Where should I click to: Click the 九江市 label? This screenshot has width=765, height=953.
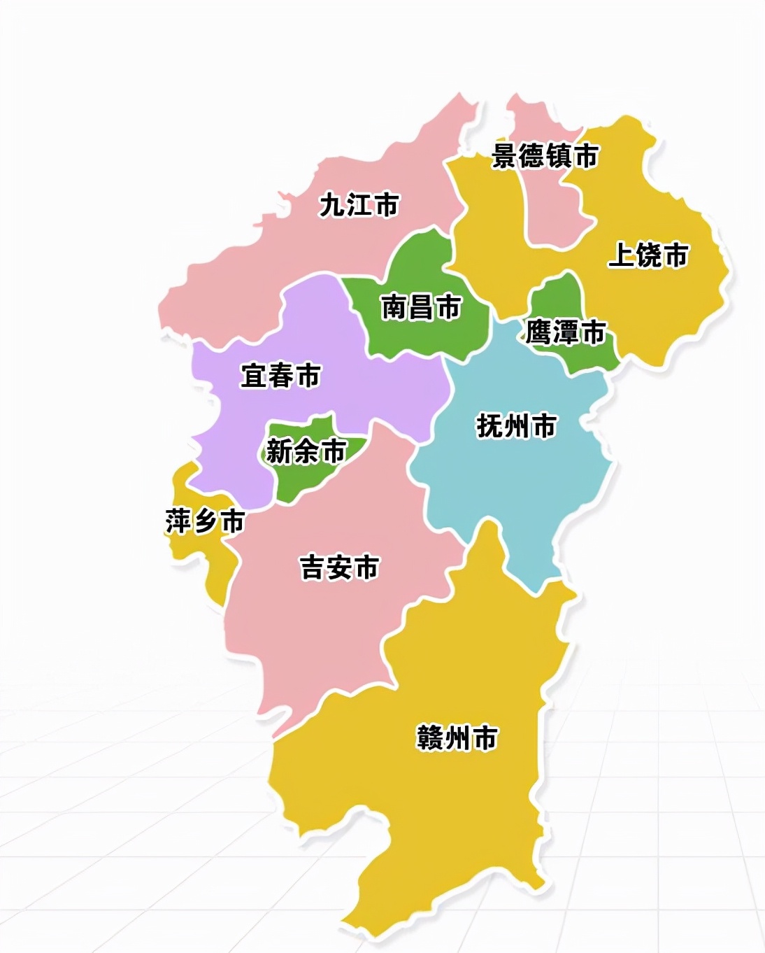359,205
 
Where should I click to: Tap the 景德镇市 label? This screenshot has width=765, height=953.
545,155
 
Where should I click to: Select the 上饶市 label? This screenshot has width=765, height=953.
648,255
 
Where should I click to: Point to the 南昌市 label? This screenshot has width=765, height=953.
421,306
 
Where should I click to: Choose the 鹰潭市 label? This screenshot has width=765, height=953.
565,332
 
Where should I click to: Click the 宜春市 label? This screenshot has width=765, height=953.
280,376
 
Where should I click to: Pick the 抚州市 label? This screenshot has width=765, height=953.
516,425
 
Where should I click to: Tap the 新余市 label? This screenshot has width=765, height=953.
306,451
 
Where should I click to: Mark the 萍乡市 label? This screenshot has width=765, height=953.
205,521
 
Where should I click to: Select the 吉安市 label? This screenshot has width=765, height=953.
340,567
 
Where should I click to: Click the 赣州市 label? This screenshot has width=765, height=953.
457,737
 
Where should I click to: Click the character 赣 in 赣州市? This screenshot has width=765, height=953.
429,737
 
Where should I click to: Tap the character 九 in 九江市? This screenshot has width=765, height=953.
331,205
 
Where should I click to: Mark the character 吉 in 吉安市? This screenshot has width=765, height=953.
313,567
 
